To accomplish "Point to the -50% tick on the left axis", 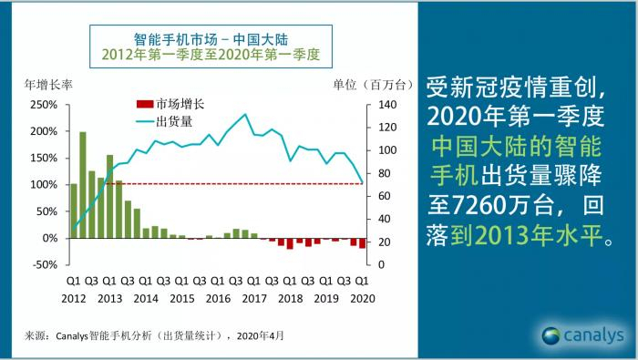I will click(x=44, y=264).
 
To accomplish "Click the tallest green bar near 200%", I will click(x=83, y=184).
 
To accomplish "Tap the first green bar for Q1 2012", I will click(x=74, y=211).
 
